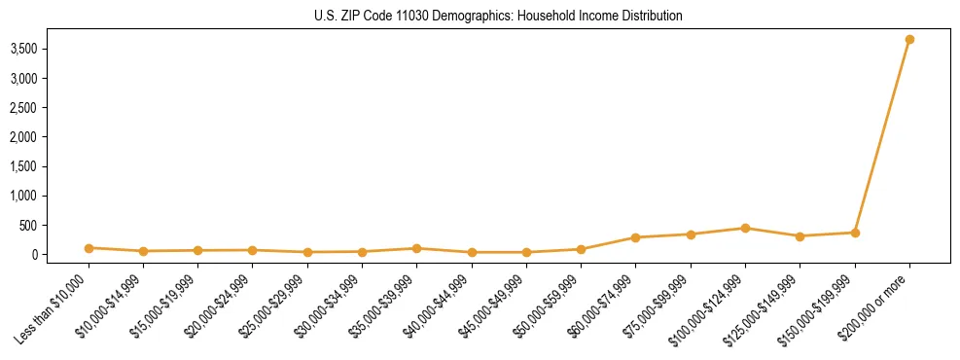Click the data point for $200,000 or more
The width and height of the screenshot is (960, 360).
[x=909, y=40]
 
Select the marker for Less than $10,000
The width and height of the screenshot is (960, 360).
[x=89, y=248]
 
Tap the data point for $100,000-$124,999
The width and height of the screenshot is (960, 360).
[x=745, y=229]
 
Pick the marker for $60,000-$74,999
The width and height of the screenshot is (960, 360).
[x=635, y=237]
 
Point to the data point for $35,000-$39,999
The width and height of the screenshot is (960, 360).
[x=416, y=248]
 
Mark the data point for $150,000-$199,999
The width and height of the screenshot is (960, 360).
[x=855, y=233]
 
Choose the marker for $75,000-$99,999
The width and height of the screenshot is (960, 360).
[x=691, y=234]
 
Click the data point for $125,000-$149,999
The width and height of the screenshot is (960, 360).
[x=800, y=236]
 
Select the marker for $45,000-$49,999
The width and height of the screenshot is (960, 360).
[x=526, y=252]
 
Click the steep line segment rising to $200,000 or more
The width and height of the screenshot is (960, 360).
[x=882, y=136]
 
